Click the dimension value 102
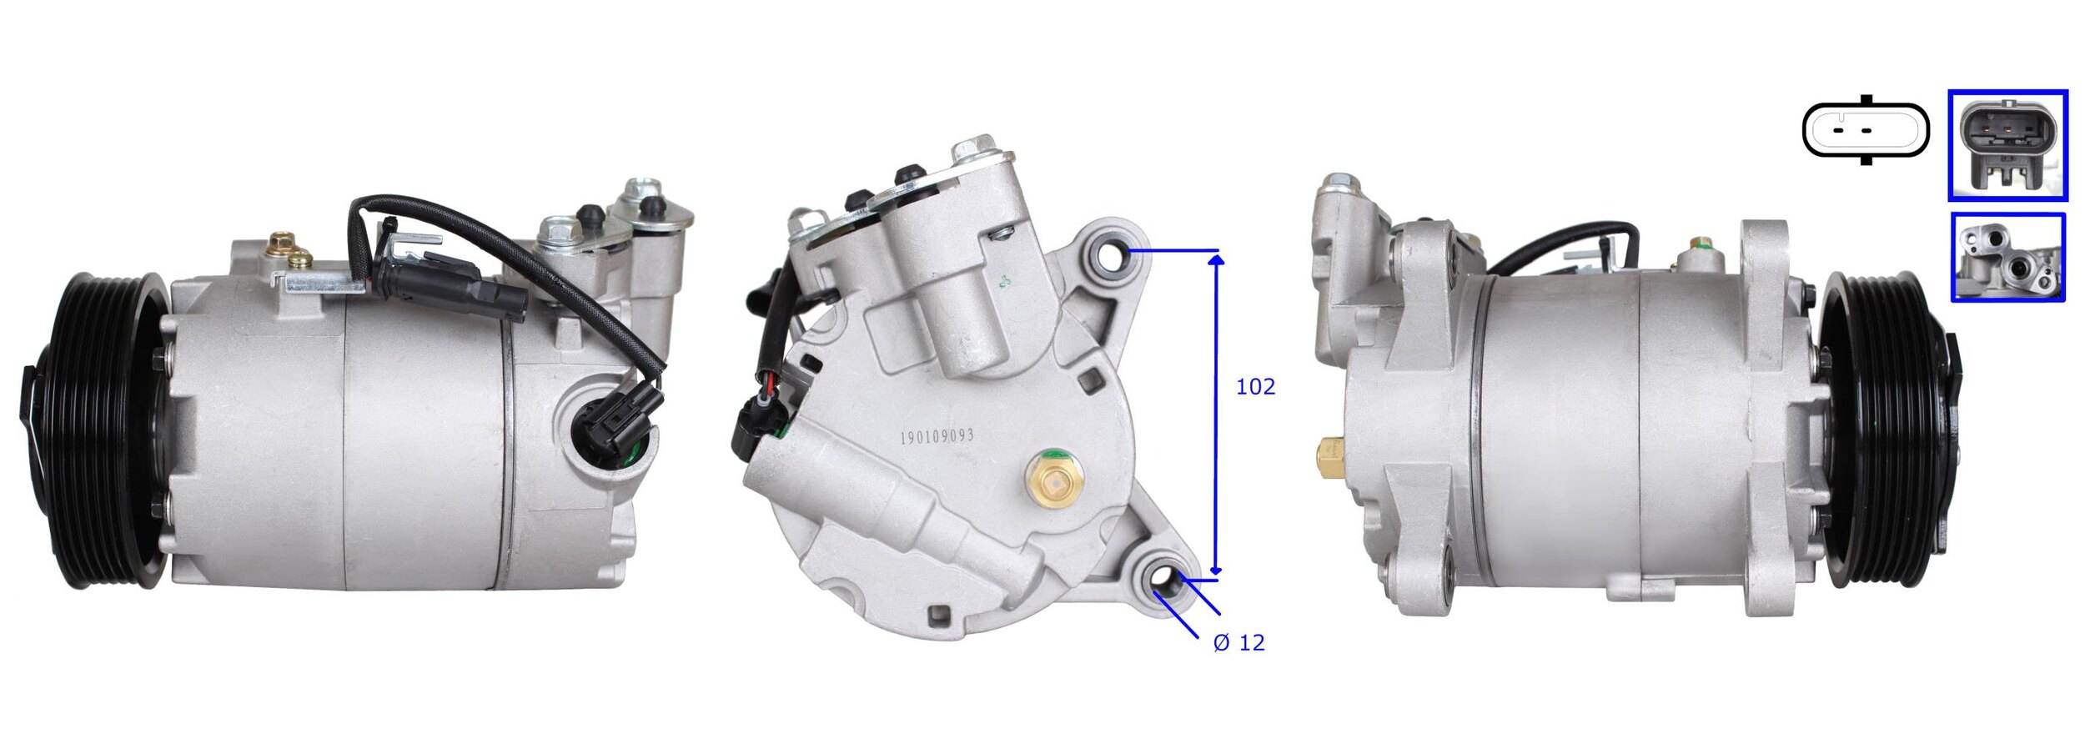tap(1255, 387)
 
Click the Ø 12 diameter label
tap(1238, 642)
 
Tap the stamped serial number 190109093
tap(937, 436)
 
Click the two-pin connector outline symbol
tap(1865, 131)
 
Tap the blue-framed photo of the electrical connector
tap(2007, 145)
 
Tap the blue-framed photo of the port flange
tap(2007, 257)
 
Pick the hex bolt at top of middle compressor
tap(974, 149)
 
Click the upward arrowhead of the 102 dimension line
tap(1217, 260)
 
